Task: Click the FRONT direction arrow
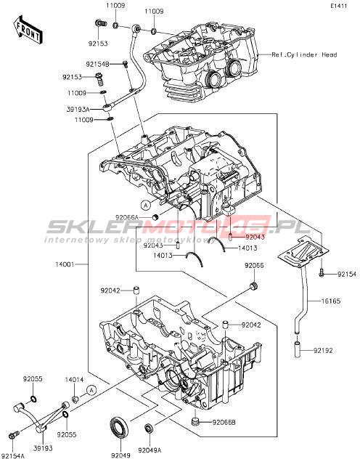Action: [28, 31]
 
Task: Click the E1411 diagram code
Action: [339, 6]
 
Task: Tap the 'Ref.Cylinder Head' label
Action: [304, 54]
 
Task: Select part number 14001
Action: [65, 264]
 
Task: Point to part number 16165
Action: [331, 301]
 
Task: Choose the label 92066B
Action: [224, 423]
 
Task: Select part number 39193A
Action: [78, 109]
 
